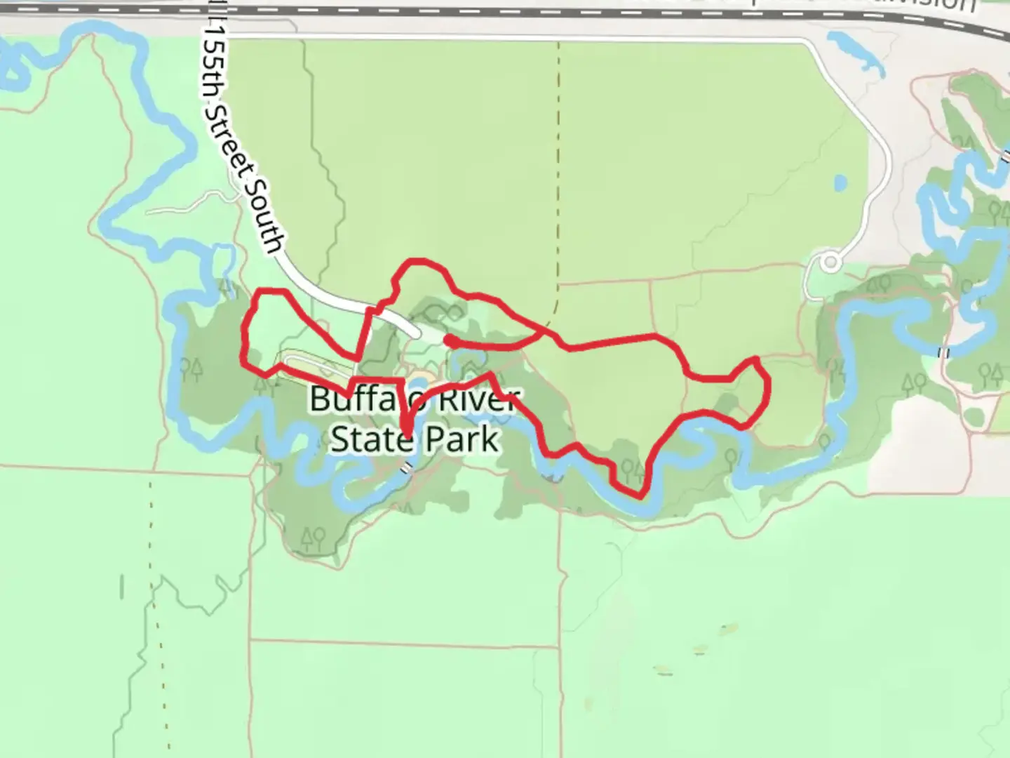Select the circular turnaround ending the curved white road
pos(831,263)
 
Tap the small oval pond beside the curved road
pos(840,184)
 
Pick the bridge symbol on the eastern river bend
pos(944,352)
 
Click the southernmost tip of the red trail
pos(640,496)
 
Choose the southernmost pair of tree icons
pos(313,538)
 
